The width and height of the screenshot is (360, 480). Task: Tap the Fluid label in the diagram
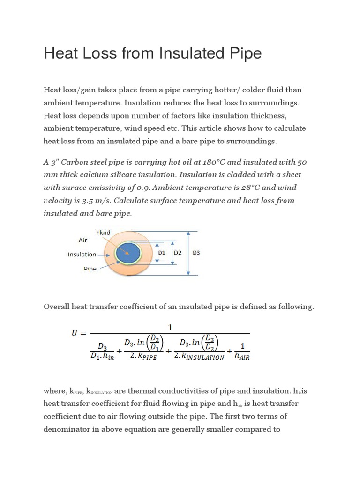[103, 232]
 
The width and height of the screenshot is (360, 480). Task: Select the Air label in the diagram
[83, 240]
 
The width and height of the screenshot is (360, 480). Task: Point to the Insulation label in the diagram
[82, 255]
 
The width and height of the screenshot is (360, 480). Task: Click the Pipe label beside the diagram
[90, 270]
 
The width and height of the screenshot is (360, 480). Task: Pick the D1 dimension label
[162, 253]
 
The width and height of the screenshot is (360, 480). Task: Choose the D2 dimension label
[178, 253]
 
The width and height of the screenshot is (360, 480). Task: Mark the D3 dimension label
[196, 253]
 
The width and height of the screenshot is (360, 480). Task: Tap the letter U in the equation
[75, 334]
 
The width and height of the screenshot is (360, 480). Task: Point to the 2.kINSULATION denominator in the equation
[199, 357]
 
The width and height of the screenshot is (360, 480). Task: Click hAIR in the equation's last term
[242, 357]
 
